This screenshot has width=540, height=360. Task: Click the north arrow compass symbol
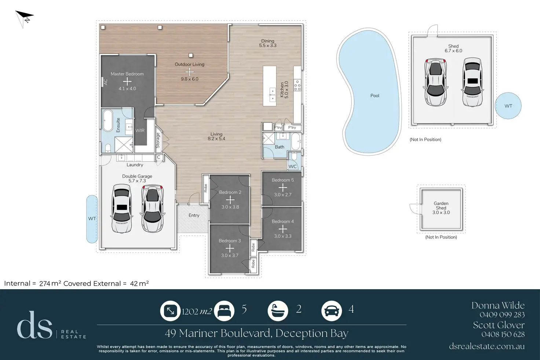coord(24,18)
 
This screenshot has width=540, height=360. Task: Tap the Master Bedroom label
coord(127,74)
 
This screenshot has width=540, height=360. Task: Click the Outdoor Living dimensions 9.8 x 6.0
coord(190,79)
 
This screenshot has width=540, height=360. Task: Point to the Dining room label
coord(267,41)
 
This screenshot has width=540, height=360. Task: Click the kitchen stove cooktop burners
coord(297,86)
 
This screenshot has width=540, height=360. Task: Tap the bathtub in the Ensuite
coord(108,121)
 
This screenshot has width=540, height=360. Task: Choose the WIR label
coord(140,130)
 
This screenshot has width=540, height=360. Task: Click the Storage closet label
coord(158,140)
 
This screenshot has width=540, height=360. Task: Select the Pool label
coord(375,96)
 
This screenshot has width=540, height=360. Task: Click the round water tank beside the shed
coord(508,106)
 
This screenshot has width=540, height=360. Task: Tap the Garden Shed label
coord(441,206)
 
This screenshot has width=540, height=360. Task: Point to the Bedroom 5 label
coord(282,180)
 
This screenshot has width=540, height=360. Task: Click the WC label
coord(292,167)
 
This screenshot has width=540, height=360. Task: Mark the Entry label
coord(194,215)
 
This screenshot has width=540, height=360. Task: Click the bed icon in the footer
coord(224,311)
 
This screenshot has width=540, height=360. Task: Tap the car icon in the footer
coord(332,311)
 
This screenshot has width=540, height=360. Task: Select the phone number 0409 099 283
coord(502,314)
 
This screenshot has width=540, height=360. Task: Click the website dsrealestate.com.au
coord(487,346)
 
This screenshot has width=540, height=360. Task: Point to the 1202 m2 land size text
coord(197,312)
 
